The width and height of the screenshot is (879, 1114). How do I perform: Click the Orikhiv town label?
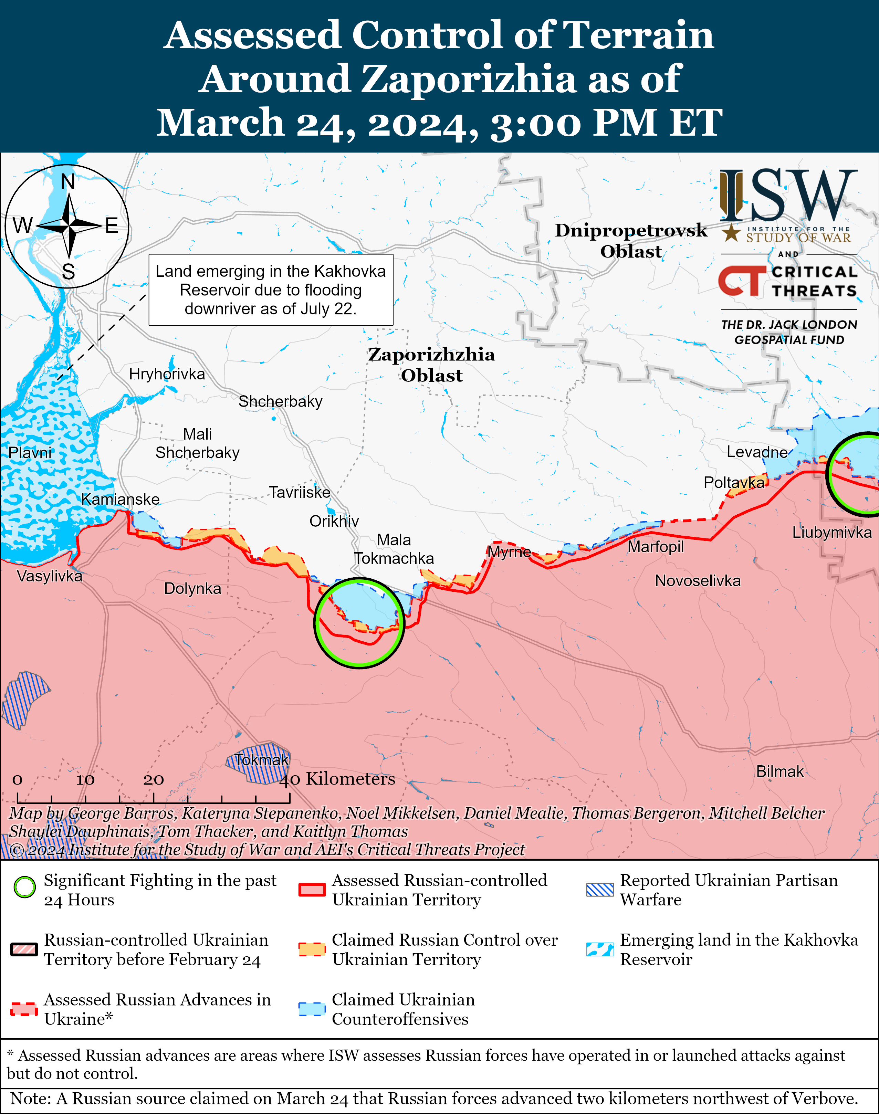(x=334, y=521)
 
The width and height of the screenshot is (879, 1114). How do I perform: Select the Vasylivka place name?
(x=49, y=576)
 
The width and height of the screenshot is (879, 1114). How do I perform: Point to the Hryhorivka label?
(x=167, y=374)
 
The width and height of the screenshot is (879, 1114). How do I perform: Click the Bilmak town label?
(x=779, y=771)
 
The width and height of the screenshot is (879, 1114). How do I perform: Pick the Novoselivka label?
(x=697, y=581)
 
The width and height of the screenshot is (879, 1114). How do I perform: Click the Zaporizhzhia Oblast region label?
(x=431, y=365)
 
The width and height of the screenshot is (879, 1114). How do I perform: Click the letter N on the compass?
(x=68, y=182)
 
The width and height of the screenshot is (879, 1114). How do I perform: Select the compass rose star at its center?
(x=69, y=225)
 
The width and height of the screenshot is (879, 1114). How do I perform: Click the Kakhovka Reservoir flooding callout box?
(x=271, y=290)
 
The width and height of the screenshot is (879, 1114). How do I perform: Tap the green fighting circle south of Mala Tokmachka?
(x=359, y=623)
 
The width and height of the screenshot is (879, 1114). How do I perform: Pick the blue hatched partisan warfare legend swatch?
(x=599, y=890)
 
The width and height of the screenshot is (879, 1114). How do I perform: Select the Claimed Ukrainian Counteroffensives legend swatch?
(x=312, y=1009)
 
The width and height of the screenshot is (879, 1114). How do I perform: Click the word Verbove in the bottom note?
(x=824, y=1099)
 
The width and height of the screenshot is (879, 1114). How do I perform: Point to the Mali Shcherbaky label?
(x=198, y=443)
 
